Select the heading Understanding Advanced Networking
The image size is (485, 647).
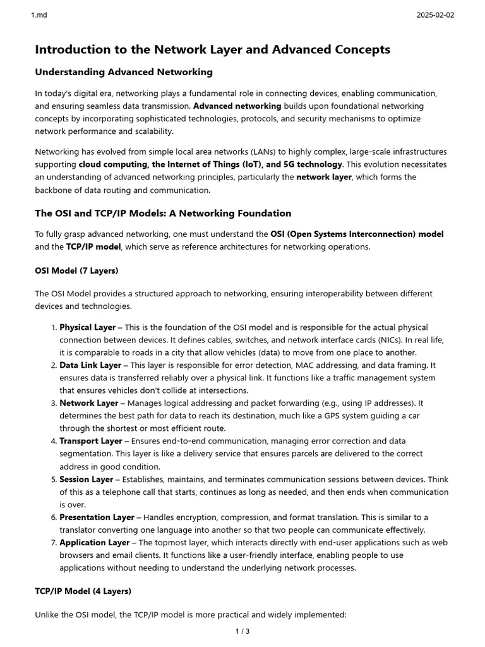[123, 72]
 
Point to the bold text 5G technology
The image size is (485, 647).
[313, 164]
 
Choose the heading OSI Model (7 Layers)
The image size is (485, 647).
[76, 270]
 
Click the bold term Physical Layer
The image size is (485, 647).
[88, 327]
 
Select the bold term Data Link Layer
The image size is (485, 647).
[90, 365]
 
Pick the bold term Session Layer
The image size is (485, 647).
[87, 479]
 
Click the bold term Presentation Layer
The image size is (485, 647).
[97, 517]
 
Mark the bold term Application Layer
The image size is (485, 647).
[93, 542]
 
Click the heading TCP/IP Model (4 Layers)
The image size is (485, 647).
[83, 591]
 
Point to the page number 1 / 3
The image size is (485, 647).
[242, 631]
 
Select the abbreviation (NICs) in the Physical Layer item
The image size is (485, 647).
[381, 340]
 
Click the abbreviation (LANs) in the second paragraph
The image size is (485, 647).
[271, 152]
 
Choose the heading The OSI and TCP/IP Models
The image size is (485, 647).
[163, 213]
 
